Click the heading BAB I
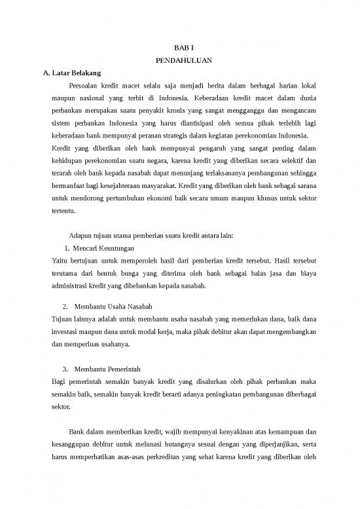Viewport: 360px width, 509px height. click(180, 48)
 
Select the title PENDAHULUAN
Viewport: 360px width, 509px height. click(180, 60)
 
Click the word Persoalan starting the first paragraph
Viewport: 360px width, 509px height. click(86, 85)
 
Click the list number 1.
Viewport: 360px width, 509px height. click(68, 249)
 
